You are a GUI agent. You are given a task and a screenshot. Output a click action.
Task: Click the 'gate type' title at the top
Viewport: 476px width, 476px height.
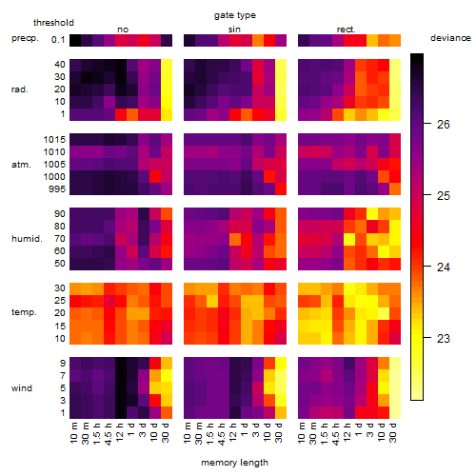[x=235, y=15]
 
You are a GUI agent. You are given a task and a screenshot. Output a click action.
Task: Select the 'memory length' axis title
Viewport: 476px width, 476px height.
[x=234, y=463]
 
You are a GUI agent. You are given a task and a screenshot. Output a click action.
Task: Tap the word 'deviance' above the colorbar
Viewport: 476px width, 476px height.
[x=450, y=38]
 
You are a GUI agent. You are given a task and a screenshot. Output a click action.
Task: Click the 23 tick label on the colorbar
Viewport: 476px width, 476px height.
[x=444, y=339]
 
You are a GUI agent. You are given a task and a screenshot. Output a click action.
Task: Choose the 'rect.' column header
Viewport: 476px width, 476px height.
[x=346, y=30]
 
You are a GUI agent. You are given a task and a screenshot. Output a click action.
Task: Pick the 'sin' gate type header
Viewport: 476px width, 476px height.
[x=234, y=30]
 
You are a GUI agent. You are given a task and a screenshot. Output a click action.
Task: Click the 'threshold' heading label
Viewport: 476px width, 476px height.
[x=53, y=23]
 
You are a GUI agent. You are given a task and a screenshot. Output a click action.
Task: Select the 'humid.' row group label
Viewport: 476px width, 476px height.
[x=27, y=239]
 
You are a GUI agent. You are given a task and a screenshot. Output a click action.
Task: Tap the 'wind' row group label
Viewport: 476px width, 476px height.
[x=22, y=388]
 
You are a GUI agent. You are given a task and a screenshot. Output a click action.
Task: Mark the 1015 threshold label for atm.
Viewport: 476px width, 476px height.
[x=54, y=140]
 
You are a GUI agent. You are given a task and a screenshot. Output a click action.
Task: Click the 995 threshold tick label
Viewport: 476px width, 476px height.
[x=57, y=189]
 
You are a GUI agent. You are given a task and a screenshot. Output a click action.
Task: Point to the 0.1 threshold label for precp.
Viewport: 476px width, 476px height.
[x=58, y=40]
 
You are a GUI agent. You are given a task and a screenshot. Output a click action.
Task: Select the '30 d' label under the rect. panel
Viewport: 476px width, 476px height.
[x=393, y=432]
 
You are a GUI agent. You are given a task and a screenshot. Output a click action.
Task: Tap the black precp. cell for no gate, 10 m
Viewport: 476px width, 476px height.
[x=75, y=40]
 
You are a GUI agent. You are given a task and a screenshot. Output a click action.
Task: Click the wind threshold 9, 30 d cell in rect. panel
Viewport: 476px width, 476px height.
[x=395, y=364]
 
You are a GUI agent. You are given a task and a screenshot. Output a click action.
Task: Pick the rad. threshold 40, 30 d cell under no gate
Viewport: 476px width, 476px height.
[x=167, y=66]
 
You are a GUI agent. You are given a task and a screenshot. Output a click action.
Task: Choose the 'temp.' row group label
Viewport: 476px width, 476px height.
[x=24, y=312]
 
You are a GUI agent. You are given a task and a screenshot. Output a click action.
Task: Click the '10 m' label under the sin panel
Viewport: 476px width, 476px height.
[x=188, y=432]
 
